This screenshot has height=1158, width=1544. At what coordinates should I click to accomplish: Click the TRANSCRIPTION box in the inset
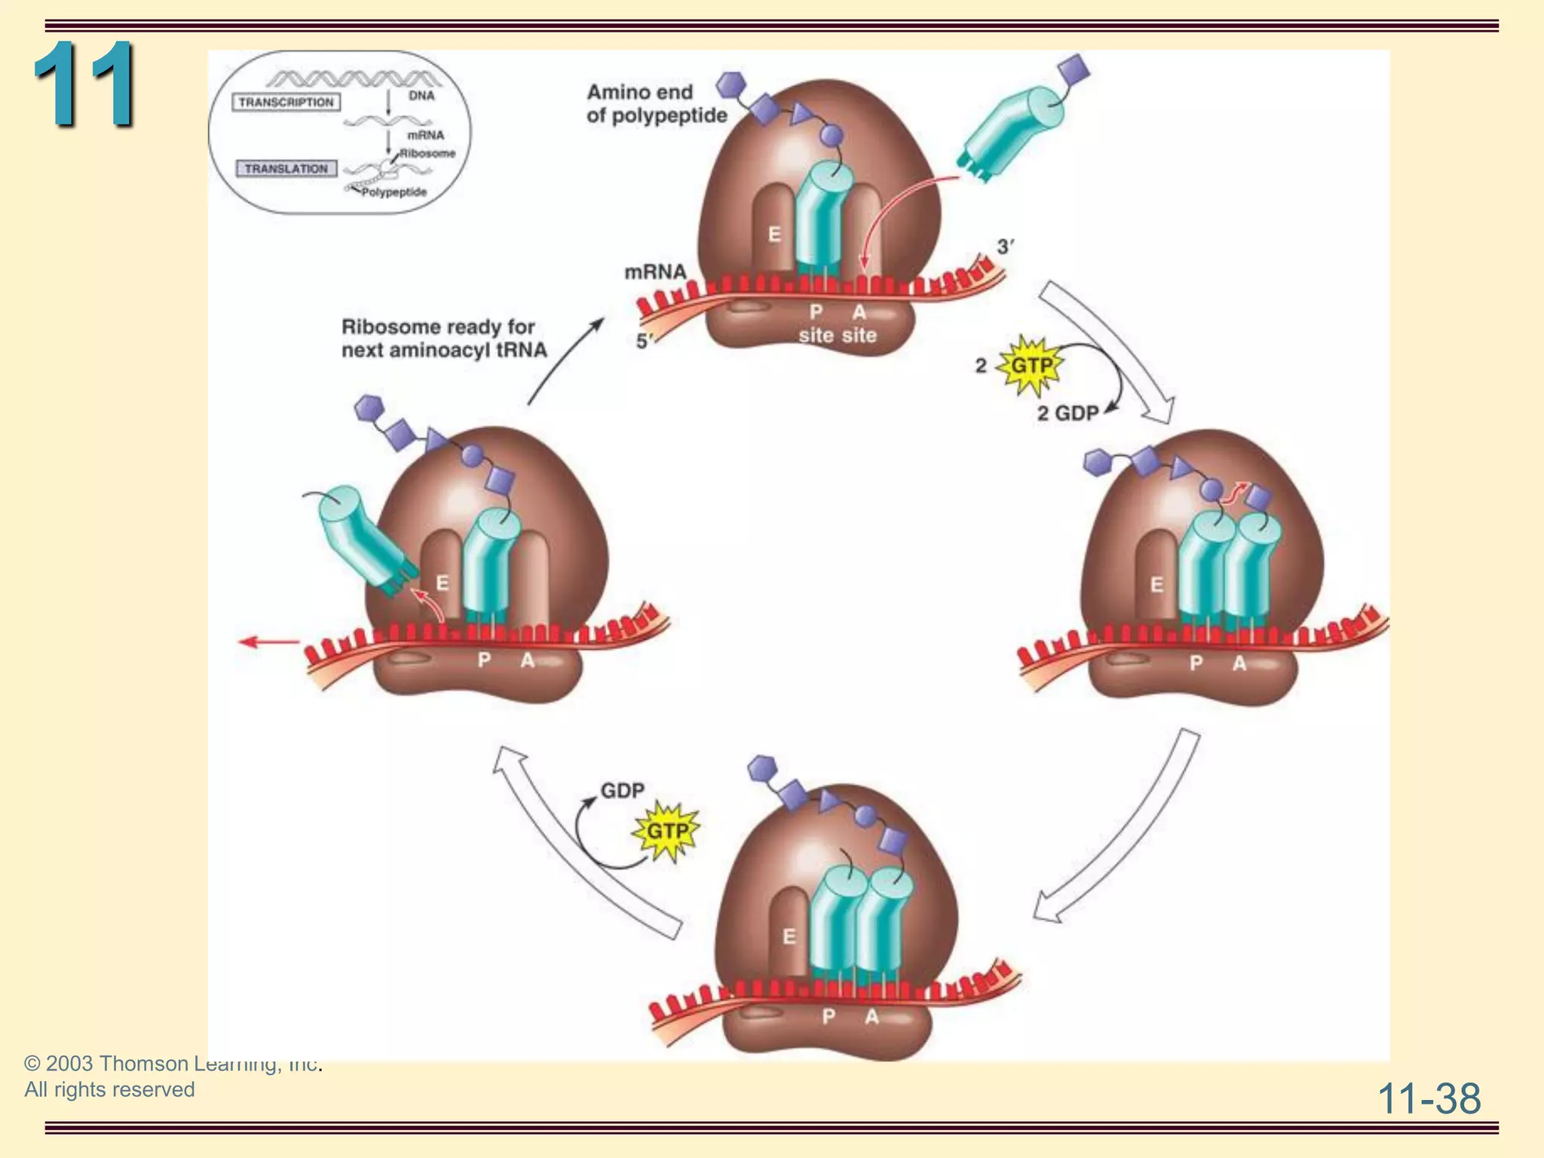(x=286, y=103)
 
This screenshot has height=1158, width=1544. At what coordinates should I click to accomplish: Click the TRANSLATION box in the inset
(x=286, y=169)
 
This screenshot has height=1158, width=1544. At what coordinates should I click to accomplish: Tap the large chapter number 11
(x=84, y=84)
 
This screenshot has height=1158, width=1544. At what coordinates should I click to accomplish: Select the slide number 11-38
(x=1429, y=1098)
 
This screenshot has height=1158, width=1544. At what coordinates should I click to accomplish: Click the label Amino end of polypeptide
(x=656, y=104)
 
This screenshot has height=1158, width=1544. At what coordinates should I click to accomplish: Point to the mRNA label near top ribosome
(x=654, y=271)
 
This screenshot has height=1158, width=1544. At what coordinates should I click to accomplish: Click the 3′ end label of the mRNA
(x=1005, y=247)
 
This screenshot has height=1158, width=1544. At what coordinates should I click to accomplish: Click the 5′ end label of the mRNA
(x=643, y=342)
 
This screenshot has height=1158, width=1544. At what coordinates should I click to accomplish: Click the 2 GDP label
(x=1068, y=413)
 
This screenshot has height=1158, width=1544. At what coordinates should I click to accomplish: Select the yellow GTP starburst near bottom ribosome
(x=667, y=832)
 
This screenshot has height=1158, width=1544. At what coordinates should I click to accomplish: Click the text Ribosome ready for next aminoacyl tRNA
(x=443, y=339)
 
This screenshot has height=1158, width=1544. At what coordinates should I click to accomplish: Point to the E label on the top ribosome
(x=774, y=234)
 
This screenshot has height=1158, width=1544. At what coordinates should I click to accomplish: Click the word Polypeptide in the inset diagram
(x=394, y=192)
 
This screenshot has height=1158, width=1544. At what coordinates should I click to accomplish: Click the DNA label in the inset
(x=421, y=96)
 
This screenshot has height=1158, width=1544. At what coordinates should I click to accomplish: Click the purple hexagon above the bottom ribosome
(x=762, y=768)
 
